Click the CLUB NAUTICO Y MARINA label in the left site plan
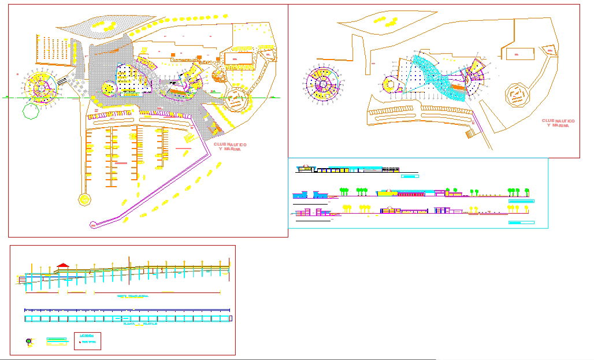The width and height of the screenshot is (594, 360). point(230,147)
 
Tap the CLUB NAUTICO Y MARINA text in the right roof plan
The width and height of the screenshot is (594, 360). point(558,123)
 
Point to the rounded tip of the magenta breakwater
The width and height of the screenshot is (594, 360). point(93,224)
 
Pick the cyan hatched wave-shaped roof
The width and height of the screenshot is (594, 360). point(439,78)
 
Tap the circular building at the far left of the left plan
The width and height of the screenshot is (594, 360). point(40,87)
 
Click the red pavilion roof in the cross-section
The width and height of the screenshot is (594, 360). point(63,265)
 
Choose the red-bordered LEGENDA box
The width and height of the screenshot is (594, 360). point(87,342)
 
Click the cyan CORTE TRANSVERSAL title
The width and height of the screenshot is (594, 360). point(133,296)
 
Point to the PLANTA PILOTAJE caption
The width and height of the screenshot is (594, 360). point(140,325)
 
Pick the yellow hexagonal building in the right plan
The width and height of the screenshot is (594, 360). point(391,86)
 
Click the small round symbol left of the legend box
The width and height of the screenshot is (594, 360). point(29,342)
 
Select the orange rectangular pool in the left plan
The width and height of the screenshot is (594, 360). point(239,58)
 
